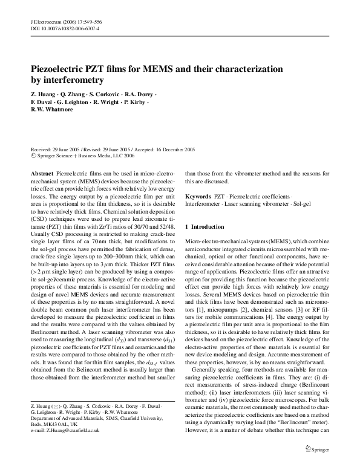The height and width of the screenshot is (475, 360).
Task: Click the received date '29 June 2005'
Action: tap(67, 148)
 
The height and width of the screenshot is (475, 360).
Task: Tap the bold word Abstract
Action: tap(42, 173)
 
